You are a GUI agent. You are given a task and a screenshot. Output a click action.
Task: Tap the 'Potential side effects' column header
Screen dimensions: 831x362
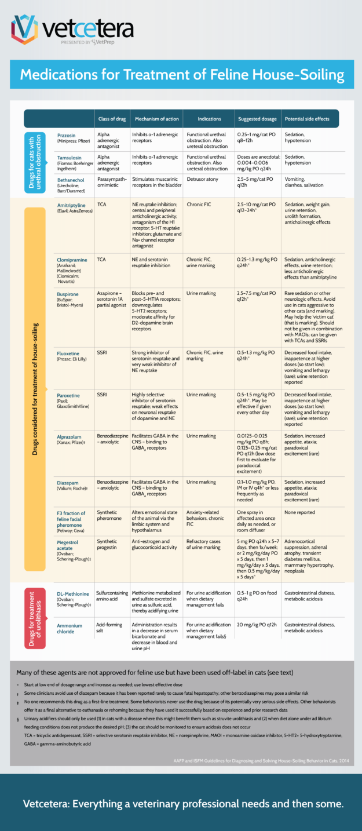308,119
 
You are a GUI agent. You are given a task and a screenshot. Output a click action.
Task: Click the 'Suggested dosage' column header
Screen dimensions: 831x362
257,119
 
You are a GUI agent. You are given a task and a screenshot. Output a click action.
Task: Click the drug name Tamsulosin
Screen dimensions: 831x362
71,157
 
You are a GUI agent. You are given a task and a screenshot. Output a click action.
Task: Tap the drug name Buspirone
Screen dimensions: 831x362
69,294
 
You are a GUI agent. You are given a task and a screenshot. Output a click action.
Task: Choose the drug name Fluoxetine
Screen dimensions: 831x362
70,353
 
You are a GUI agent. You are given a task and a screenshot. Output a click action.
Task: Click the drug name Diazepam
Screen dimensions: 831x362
68,482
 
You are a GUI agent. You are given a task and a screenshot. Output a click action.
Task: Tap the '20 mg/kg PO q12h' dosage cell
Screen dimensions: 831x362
258,625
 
